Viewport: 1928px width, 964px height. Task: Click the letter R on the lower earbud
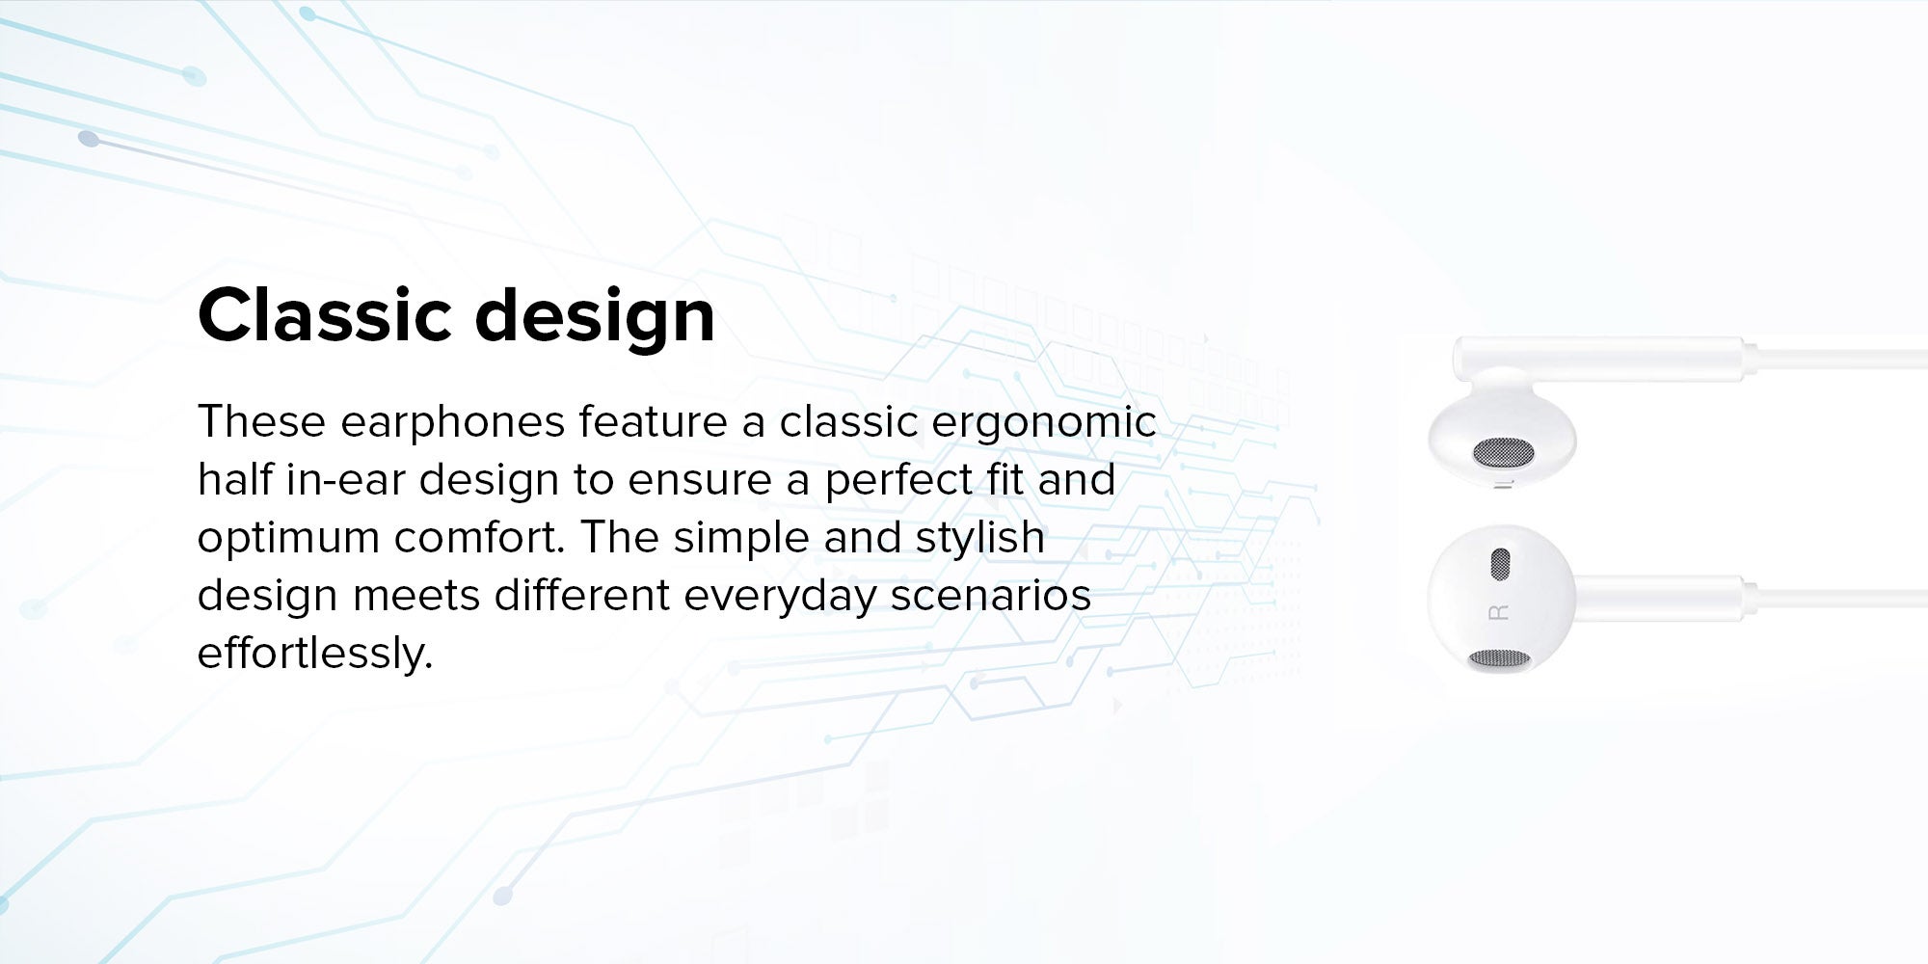[1499, 612]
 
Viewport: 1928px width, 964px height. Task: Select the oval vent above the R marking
[1499, 565]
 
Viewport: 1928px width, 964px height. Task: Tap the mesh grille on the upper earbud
[1503, 451]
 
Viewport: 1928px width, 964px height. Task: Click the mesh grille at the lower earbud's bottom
[1497, 659]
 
